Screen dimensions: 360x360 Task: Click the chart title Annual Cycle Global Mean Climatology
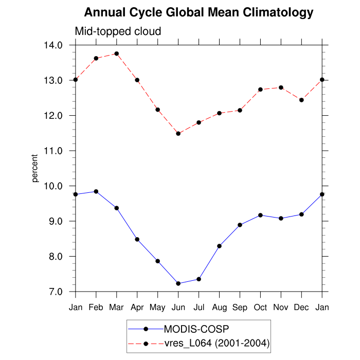(199, 12)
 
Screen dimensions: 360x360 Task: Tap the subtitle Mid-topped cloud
(118, 31)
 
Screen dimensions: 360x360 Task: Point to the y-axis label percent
(35, 168)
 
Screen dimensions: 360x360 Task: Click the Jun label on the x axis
(178, 307)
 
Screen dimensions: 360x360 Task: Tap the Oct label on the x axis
(261, 307)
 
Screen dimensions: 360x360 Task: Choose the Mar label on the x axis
(117, 307)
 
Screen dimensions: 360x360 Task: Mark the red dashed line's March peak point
(117, 53)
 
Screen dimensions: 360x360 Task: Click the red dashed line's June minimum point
(178, 134)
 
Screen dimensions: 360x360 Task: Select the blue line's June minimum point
(178, 283)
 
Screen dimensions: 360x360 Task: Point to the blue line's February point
(96, 191)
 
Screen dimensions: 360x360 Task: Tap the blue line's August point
(220, 246)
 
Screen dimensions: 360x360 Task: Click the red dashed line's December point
(302, 100)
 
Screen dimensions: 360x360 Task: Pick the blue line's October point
(261, 215)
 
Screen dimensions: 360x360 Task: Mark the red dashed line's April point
(137, 80)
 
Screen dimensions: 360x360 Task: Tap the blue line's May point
(158, 261)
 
